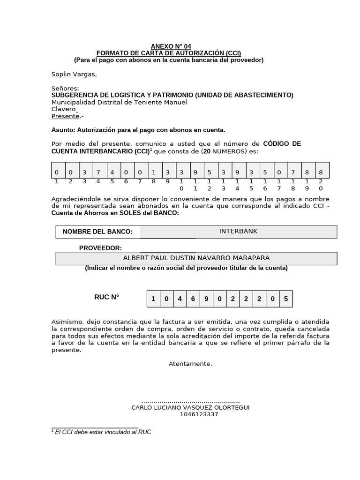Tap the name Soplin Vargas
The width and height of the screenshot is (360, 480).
tap(74, 74)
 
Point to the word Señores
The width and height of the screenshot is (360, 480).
tap(65, 89)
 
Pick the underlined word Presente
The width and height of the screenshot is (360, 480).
tap(65, 116)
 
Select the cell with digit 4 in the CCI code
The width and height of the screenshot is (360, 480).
tap(112, 172)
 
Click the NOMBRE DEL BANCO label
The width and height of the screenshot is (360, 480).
tap(97, 232)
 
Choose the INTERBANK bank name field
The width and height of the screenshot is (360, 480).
tap(238, 232)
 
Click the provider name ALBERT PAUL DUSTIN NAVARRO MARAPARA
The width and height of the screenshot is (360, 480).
tap(196, 258)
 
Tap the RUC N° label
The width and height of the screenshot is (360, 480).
tap(107, 297)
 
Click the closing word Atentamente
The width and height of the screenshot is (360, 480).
tap(190, 364)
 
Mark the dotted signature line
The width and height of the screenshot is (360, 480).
tap(190, 402)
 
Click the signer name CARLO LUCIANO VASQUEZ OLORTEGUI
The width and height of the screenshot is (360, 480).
tap(190, 408)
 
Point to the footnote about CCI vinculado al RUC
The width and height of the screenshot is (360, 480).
tap(102, 432)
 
